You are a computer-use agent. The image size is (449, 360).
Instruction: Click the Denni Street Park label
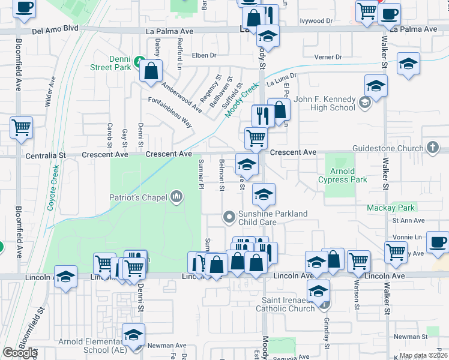click(x=111, y=63)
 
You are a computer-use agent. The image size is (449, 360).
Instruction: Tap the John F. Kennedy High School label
click(x=325, y=103)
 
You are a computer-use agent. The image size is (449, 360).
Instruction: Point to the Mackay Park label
click(x=391, y=208)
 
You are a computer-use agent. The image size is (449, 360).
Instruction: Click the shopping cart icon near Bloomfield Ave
click(x=21, y=127)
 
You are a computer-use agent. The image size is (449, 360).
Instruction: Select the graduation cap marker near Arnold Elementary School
click(x=133, y=335)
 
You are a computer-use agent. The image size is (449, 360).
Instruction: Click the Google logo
click(x=20, y=353)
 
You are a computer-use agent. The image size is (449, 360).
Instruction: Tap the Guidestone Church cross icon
click(x=433, y=148)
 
